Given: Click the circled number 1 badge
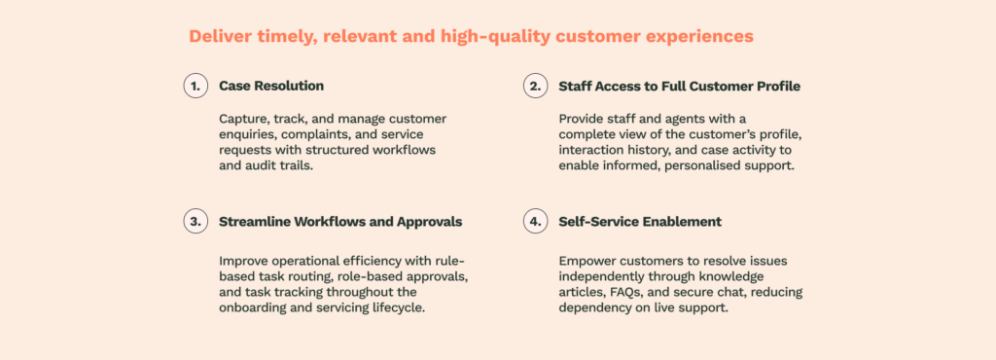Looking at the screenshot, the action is pyautogui.click(x=196, y=86).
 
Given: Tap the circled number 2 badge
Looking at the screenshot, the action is pyautogui.click(x=536, y=86).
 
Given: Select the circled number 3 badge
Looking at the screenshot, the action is pyautogui.click(x=196, y=222).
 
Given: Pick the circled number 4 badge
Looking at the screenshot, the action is pyautogui.click(x=536, y=222).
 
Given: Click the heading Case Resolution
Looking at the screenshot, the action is pyautogui.click(x=271, y=86).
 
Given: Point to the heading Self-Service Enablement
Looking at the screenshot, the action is pyautogui.click(x=640, y=222).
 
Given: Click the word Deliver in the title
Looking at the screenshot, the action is pyautogui.click(x=221, y=36).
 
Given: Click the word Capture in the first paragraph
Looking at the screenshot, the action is pyautogui.click(x=242, y=120).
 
